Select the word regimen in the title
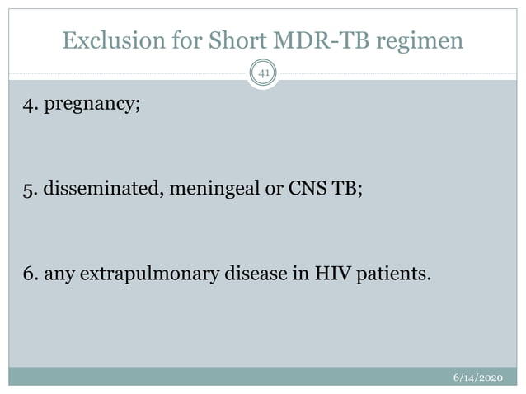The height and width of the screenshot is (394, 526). (419, 40)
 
